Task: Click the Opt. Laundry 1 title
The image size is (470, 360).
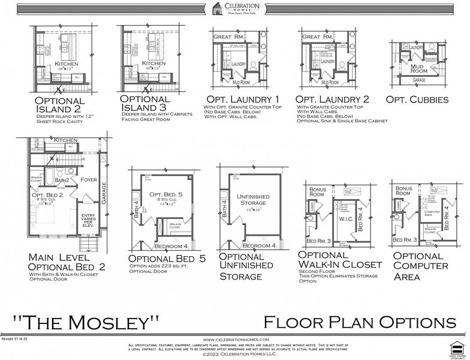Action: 243,99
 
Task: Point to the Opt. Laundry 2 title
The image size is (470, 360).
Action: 333,99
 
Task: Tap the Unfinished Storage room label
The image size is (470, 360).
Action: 253,200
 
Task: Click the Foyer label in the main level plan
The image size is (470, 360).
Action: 88,178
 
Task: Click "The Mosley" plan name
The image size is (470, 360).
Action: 86,321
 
